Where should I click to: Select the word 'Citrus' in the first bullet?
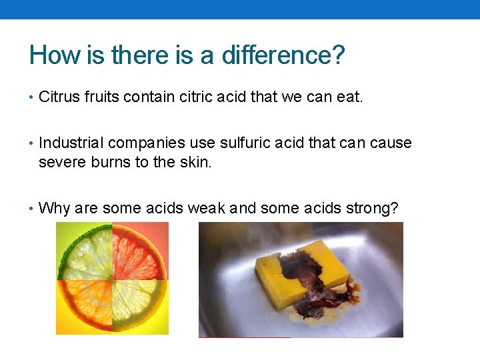tap(60, 97)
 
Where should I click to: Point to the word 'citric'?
tap(199, 97)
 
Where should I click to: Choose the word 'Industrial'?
tap(71, 143)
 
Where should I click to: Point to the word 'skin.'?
tap(196, 161)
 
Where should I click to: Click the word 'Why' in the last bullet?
tap(55, 208)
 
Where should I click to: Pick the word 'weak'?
tap(206, 208)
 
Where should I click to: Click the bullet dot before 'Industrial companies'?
tap(32, 143)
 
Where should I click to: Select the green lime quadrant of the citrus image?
tap(85, 251)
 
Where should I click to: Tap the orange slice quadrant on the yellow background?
tap(85, 305)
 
